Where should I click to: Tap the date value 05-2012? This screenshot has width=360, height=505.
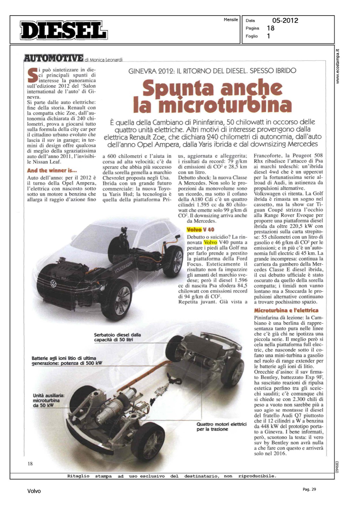click(x=285, y=21)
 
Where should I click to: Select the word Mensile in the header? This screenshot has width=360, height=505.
click(x=231, y=20)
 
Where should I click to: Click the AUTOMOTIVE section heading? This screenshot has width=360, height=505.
click(x=54, y=58)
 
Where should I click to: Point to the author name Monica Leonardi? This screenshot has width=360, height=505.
click(x=106, y=60)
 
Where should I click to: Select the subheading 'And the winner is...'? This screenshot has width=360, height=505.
click(x=52, y=170)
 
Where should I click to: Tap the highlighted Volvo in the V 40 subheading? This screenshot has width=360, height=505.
click(x=194, y=230)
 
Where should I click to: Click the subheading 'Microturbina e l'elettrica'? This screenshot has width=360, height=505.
click(x=286, y=310)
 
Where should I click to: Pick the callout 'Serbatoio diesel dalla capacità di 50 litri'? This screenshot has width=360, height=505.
click(x=118, y=337)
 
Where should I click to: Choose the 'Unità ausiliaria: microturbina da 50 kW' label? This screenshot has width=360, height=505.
click(x=48, y=400)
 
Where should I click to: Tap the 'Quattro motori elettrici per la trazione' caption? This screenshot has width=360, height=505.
click(x=222, y=427)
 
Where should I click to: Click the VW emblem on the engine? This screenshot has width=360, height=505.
click(x=53, y=284)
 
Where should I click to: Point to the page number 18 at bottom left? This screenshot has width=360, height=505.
click(x=30, y=464)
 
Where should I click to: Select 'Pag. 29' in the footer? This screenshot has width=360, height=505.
click(x=309, y=489)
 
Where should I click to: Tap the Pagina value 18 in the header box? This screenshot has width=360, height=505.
click(x=270, y=28)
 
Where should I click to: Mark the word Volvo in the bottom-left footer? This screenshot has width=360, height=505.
click(x=34, y=491)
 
